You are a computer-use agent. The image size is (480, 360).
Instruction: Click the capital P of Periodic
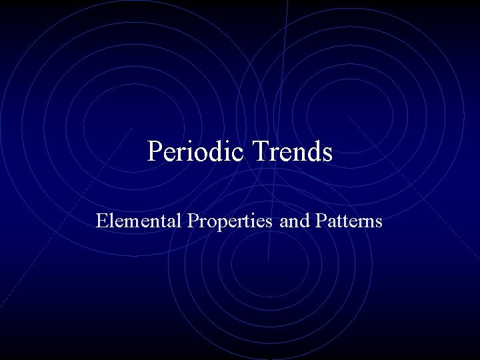point(154,151)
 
